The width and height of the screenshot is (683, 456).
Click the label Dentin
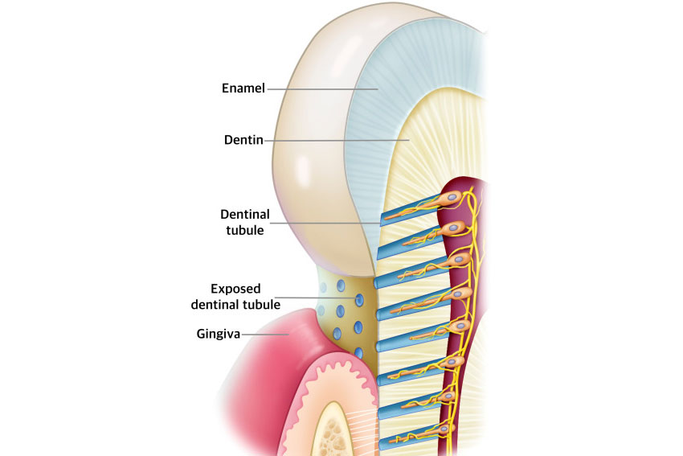coord(243,140)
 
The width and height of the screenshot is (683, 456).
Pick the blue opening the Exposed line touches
coord(359,299)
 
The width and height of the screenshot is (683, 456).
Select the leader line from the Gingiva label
coord(265,332)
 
